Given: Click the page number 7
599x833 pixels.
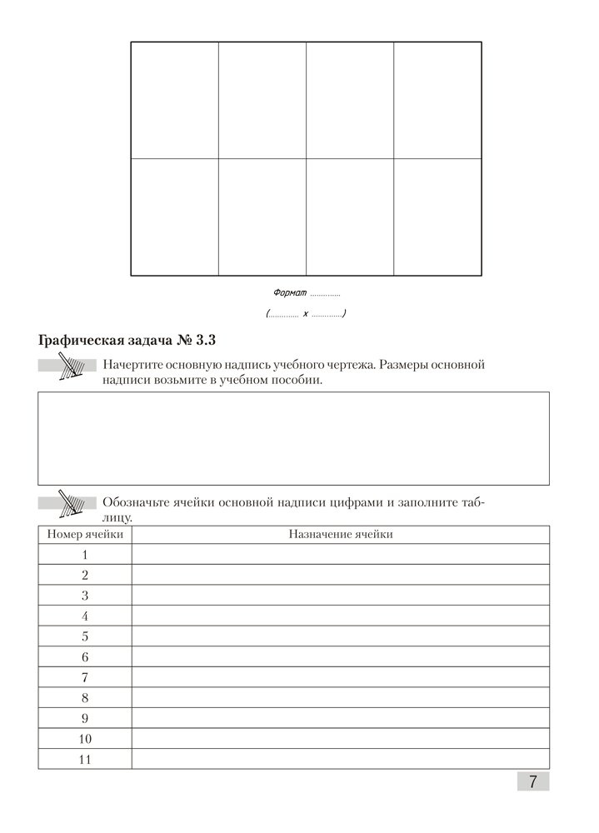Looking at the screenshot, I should pyautogui.click(x=532, y=781).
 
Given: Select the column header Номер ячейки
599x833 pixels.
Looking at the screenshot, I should pyautogui.click(x=85, y=534).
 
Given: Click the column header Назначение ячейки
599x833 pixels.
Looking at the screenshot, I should pyautogui.click(x=340, y=534).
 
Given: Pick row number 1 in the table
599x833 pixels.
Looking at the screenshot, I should pyautogui.click(x=85, y=555).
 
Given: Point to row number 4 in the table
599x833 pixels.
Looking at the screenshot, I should pyautogui.click(x=85, y=616).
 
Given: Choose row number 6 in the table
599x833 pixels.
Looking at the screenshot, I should pyautogui.click(x=85, y=657).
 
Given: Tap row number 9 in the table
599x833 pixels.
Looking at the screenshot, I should pyautogui.click(x=85, y=718).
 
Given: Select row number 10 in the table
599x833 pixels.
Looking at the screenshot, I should pyautogui.click(x=85, y=739).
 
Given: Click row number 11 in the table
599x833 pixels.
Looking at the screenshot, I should pyautogui.click(x=85, y=759).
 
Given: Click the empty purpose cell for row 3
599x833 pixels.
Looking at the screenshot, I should pyautogui.click(x=340, y=596).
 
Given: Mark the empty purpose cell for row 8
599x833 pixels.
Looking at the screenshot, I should pyautogui.click(x=340, y=698).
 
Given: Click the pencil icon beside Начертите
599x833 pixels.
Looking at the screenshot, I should pyautogui.click(x=68, y=367).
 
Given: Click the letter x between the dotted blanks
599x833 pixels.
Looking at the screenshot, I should pyautogui.click(x=306, y=314).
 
